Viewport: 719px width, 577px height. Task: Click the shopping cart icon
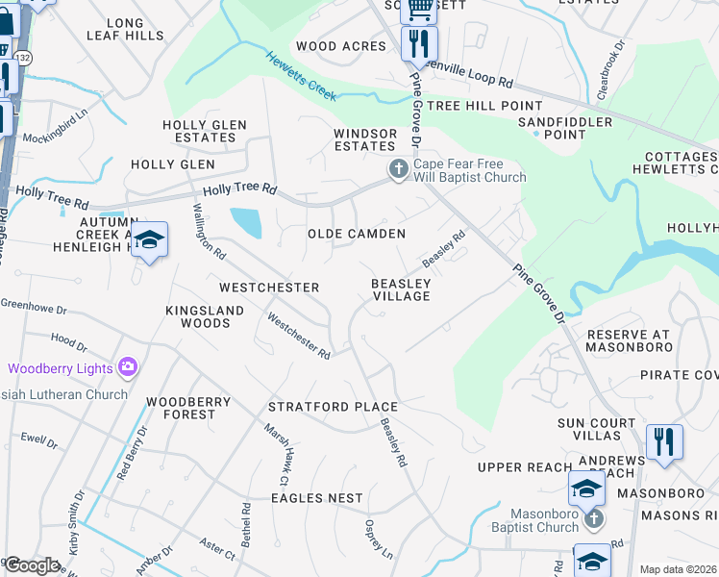tap(419, 10)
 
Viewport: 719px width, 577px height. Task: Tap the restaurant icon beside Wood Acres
tap(419, 44)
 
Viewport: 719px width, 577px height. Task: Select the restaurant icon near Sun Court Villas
tap(664, 442)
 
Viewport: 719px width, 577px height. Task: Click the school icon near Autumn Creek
tap(149, 240)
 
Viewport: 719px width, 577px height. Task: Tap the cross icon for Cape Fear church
tap(397, 170)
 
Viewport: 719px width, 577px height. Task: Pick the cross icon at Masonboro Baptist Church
tap(593, 519)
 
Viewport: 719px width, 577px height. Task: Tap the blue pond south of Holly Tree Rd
tap(245, 222)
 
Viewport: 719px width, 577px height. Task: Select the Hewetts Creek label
tap(302, 76)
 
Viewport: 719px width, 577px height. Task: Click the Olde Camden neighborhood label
tap(356, 234)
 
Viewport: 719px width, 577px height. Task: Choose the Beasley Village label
tap(401, 289)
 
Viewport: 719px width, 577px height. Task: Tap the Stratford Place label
tap(333, 407)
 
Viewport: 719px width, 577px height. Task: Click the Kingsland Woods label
tap(198, 317)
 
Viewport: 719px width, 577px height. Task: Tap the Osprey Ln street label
tap(379, 540)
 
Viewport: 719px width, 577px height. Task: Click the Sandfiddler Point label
tap(564, 129)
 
